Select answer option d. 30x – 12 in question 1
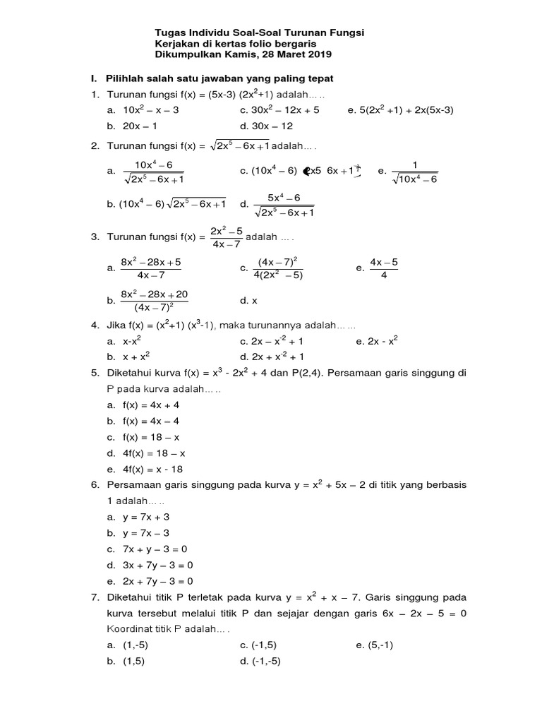click(266, 126)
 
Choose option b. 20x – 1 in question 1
click(131, 126)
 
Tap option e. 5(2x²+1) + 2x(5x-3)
click(400, 110)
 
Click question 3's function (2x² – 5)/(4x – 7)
click(227, 238)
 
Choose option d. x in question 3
click(250, 301)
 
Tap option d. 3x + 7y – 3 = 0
click(150, 565)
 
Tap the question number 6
click(95, 485)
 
